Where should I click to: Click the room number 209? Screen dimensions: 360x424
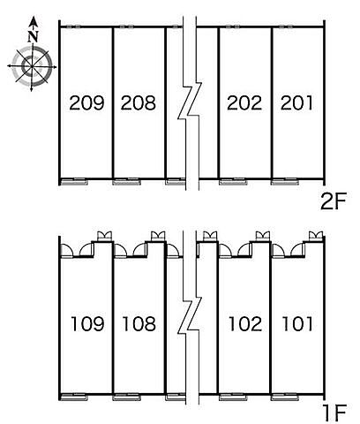click(86, 102)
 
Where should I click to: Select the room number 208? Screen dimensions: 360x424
click(139, 102)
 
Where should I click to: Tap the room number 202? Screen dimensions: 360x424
click(244, 102)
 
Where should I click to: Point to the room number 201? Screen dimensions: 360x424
click(296, 102)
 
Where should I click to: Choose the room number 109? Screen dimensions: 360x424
click(87, 323)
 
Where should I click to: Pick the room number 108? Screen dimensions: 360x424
click(139, 323)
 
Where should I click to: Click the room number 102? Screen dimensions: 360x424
click(245, 323)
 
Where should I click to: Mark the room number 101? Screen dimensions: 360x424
click(297, 323)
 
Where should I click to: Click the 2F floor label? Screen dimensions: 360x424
click(334, 201)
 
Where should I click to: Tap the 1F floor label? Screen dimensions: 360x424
click(334, 413)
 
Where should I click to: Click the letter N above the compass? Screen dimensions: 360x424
click(34, 36)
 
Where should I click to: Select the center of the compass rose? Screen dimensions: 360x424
click(32, 66)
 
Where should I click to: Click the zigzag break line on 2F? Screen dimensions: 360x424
click(190, 101)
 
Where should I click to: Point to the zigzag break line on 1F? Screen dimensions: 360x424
click(190, 315)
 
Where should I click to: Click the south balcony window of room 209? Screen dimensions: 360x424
click(74, 182)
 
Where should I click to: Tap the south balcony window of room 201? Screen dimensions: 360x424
click(285, 182)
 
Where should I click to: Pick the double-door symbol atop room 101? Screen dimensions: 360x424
click(316, 236)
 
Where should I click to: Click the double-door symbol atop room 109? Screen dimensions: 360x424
click(105, 236)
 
